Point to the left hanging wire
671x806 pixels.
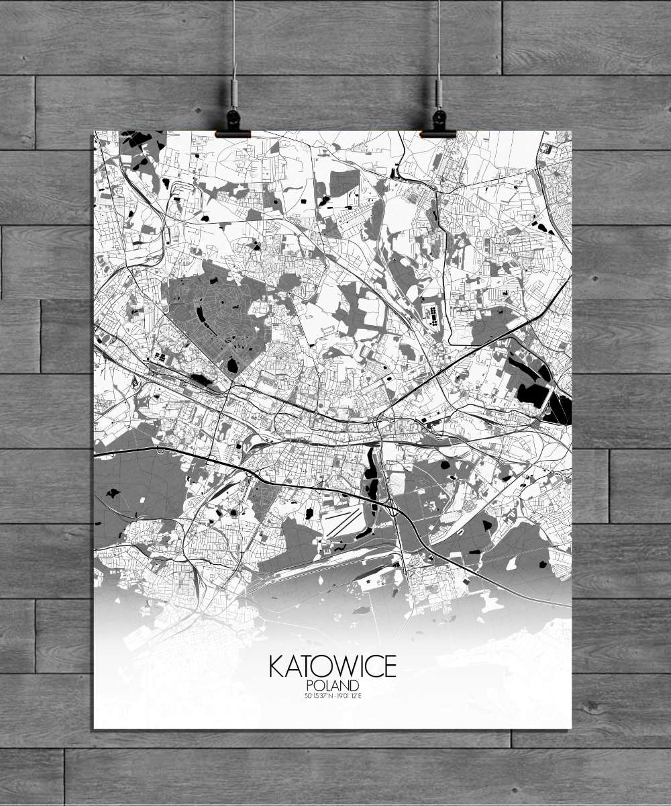[x=234, y=40]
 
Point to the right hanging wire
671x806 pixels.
[x=438, y=40]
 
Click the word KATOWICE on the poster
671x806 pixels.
[x=333, y=666]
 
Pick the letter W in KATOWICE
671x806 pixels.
[x=347, y=666]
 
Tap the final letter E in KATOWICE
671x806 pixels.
[x=390, y=666]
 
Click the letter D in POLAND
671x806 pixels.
[x=355, y=685]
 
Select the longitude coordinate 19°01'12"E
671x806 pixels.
[x=348, y=695]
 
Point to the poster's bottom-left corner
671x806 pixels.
[x=94, y=728]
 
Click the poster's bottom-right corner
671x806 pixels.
[x=571, y=728]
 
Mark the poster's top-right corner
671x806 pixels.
[x=571, y=131]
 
